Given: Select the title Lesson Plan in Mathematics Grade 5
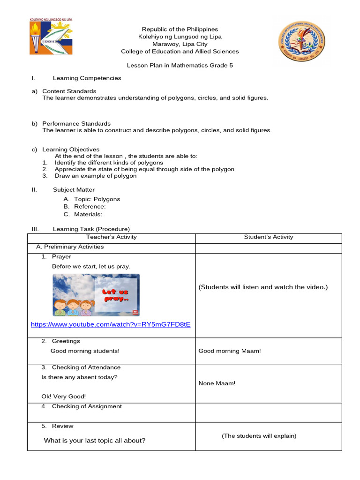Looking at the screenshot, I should (180, 66).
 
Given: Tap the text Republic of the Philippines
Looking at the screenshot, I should (180, 29).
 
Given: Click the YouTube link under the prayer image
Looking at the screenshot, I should (111, 324).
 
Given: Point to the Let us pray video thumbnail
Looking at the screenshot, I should (96, 295).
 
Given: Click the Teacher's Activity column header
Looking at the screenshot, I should (112, 237).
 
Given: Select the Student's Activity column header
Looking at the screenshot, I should (269, 237).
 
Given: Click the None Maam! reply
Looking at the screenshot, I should (217, 383).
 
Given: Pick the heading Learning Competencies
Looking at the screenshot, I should (87, 78).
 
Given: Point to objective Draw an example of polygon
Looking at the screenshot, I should (96, 176).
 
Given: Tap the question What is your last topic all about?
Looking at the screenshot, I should (95, 441).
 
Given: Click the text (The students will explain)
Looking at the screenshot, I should (259, 436).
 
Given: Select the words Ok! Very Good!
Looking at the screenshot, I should (64, 397).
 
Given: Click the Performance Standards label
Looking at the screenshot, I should (76, 124).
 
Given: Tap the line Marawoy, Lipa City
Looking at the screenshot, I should (180, 44).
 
